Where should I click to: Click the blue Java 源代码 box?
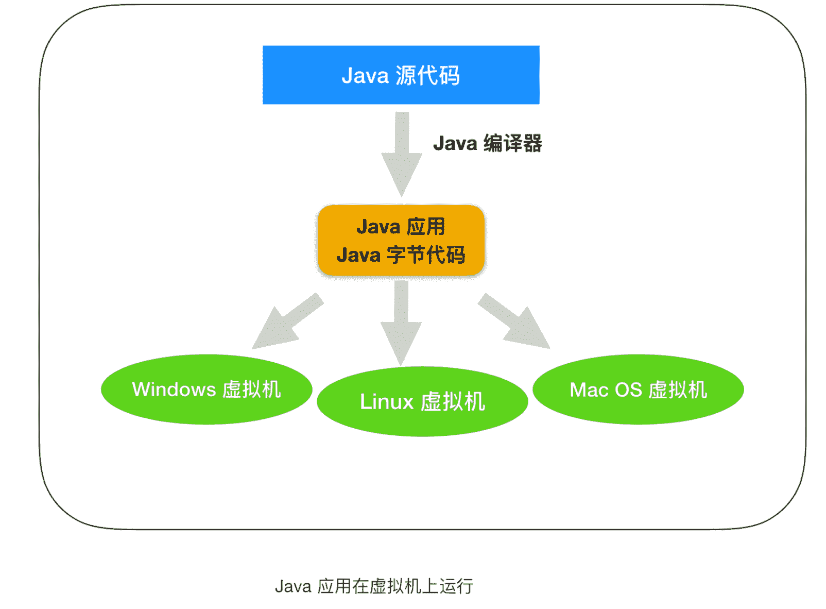pyautogui.click(x=401, y=75)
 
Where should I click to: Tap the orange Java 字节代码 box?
pyautogui.click(x=401, y=241)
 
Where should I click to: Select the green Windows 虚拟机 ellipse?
pyautogui.click(x=206, y=390)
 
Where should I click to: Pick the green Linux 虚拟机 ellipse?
pyautogui.click(x=422, y=402)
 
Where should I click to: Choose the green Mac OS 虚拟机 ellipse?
pyautogui.click(x=638, y=390)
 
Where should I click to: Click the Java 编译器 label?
pyautogui.click(x=487, y=143)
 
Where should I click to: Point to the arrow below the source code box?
pyautogui.click(x=402, y=155)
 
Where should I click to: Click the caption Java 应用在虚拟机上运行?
pyautogui.click(x=373, y=586)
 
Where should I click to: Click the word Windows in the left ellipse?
pyautogui.click(x=174, y=390)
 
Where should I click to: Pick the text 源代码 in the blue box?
pyautogui.click(x=427, y=75)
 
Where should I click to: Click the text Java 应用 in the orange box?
pyautogui.click(x=401, y=227)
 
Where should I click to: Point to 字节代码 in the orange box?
pyautogui.click(x=426, y=255)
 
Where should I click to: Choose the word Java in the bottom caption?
pyautogui.click(x=293, y=586)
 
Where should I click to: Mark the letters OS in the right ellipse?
pyautogui.click(x=628, y=390)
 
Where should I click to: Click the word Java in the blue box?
pyautogui.click(x=365, y=76)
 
